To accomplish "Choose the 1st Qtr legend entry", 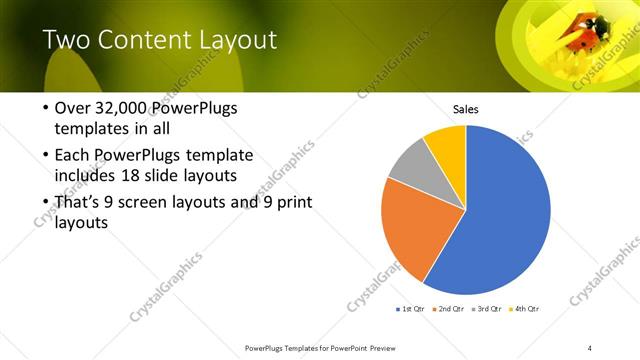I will (x=410, y=308).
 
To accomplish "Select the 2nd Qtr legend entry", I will (x=447, y=308).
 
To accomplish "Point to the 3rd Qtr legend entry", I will (x=486, y=308).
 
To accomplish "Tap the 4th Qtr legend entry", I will (x=524, y=308).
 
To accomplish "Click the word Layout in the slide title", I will (x=232, y=41).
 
